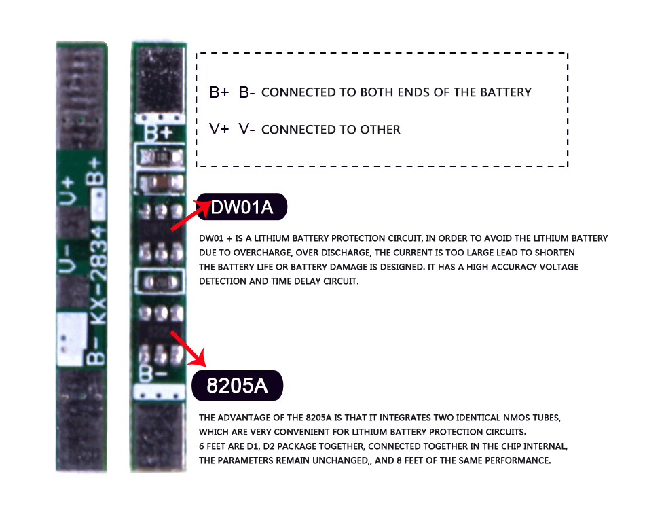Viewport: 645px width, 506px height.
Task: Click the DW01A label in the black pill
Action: [x=242, y=207]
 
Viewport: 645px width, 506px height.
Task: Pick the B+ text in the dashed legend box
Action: [x=219, y=92]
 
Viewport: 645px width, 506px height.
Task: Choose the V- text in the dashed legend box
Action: [x=246, y=129]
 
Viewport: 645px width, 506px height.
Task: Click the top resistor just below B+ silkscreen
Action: [x=161, y=158]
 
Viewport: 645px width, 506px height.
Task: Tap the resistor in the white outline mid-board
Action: [x=161, y=279]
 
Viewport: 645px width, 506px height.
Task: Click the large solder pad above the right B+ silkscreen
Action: [x=161, y=80]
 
